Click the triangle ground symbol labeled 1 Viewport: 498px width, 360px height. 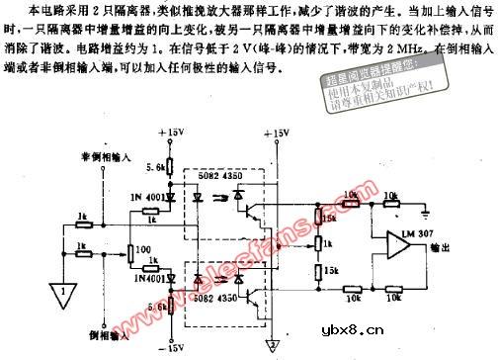coord(64,292)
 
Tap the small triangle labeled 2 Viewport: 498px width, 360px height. coord(271,343)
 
